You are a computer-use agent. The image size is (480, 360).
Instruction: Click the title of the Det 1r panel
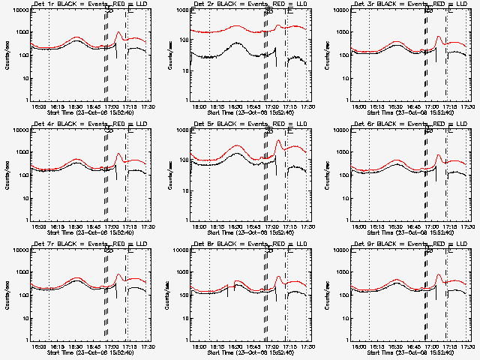click(x=89, y=5)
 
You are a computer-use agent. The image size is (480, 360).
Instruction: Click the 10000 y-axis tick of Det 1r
click(x=19, y=11)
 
